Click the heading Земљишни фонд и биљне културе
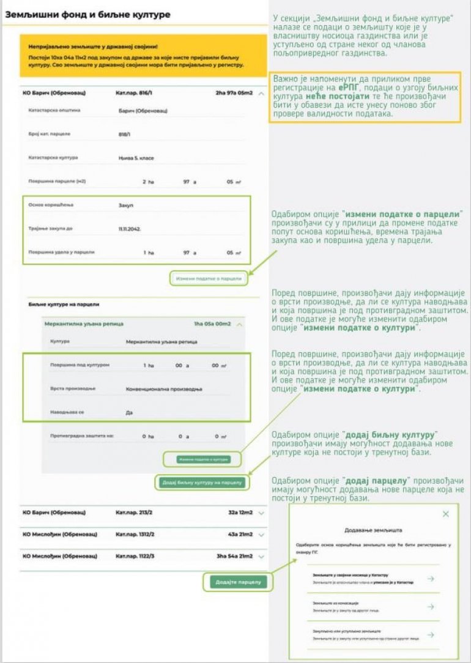point(88,13)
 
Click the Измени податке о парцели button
point(209,279)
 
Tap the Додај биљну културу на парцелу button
point(203,483)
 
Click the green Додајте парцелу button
point(238,582)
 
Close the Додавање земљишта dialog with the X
point(445,514)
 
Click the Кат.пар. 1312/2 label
point(135,534)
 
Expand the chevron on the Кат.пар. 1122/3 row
point(261,557)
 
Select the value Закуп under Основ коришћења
point(125,205)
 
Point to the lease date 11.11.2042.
point(130,229)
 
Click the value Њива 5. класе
point(136,158)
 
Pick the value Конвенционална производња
point(163,389)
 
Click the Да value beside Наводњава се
point(129,413)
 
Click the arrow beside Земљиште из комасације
point(430,607)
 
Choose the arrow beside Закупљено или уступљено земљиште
point(430,634)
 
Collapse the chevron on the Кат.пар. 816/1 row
point(261,94)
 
